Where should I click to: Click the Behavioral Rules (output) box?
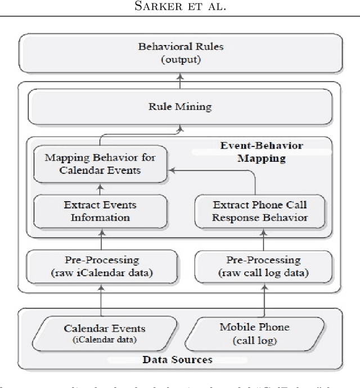click(x=180, y=53)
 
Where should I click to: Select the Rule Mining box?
click(x=180, y=106)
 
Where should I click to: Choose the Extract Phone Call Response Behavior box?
click(x=259, y=211)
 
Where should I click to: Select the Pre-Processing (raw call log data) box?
click(x=263, y=266)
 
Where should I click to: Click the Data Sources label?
click(x=177, y=359)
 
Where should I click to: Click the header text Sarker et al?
click(x=180, y=9)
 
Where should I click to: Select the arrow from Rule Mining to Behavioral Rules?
click(x=180, y=80)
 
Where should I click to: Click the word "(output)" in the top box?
click(x=180, y=59)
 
